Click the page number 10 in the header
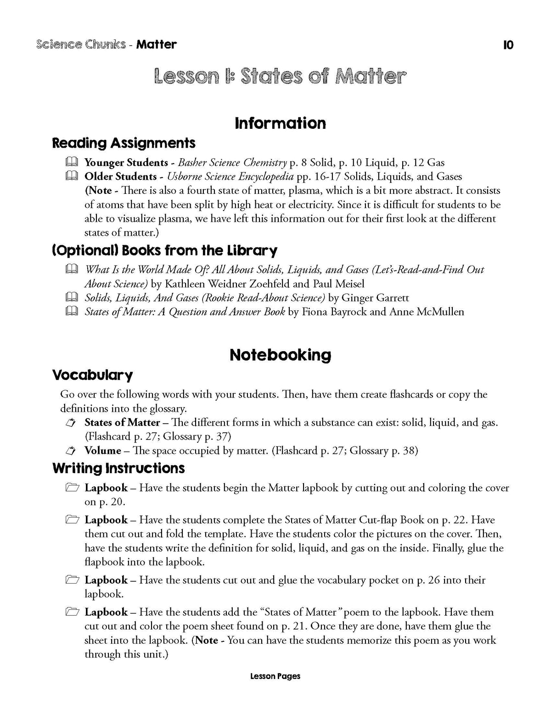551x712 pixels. (x=508, y=45)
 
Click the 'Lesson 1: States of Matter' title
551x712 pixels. (x=280, y=77)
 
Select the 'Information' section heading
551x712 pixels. (x=280, y=123)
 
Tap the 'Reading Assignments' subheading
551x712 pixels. (x=124, y=143)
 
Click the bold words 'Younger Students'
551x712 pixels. (x=126, y=163)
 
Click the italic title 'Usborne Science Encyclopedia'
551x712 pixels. (x=227, y=177)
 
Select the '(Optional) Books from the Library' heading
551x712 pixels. (x=165, y=251)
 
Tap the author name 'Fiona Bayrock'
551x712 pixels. (x=335, y=312)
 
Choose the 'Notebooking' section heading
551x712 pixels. (x=280, y=355)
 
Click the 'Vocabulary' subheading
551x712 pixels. (x=92, y=375)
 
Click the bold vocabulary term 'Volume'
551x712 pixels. (x=103, y=451)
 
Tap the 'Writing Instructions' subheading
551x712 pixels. (x=118, y=468)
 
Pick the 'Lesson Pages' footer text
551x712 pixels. (x=275, y=676)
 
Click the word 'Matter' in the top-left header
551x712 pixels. (x=156, y=44)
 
